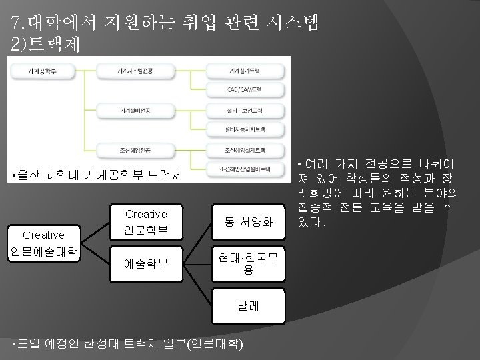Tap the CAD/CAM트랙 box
[243, 88]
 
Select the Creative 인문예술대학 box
[43, 243]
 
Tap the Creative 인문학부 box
[146, 223]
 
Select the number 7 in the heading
[16, 24]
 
